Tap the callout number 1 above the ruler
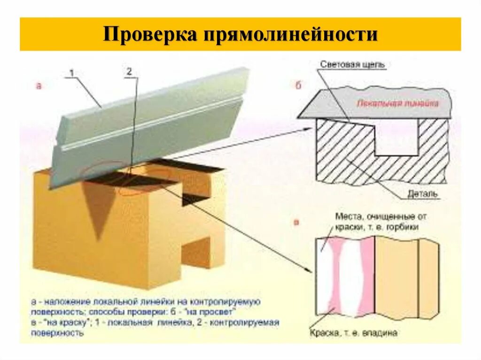click(72, 73)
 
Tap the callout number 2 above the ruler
click(129, 72)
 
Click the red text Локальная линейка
click(397, 103)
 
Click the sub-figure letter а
click(39, 86)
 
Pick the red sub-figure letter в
click(296, 222)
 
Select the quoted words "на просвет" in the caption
click(219, 312)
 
